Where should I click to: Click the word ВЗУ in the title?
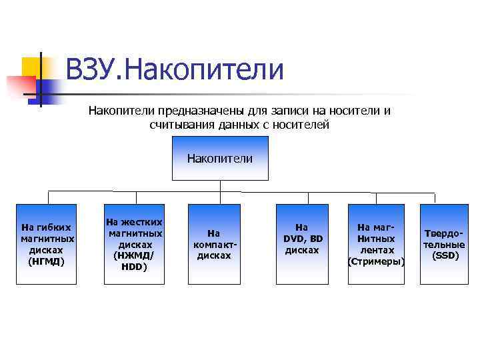point(89,70)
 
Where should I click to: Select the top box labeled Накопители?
point(220,159)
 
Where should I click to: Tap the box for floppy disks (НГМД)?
point(47,244)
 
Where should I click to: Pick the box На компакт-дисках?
point(213,244)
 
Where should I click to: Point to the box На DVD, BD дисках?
point(303,244)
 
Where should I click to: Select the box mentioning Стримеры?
point(377,244)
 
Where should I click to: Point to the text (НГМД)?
point(47,261)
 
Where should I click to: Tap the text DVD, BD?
point(303,239)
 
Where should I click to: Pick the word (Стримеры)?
point(377,261)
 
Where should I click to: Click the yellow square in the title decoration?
point(33,67)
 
